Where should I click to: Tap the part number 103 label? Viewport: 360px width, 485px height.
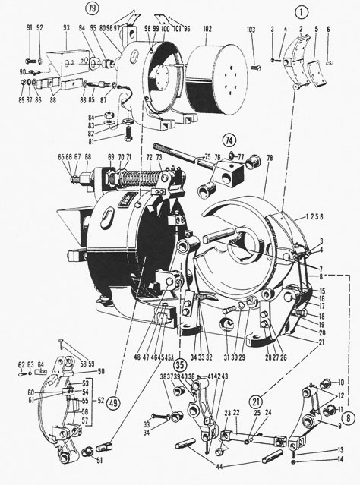(251, 28)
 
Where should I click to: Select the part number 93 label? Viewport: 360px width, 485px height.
(67, 28)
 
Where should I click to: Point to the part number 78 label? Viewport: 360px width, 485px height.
(268, 157)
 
